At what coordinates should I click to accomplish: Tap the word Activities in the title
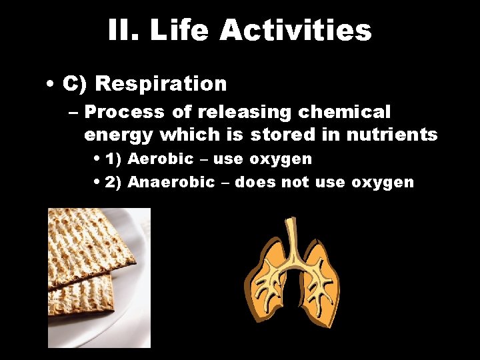click(x=295, y=30)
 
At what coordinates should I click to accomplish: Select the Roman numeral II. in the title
click(x=123, y=30)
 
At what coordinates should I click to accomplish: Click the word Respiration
click(x=161, y=84)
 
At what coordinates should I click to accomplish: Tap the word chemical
click(x=348, y=112)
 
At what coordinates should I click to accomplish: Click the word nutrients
click(x=392, y=135)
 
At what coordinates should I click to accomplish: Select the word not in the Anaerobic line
click(x=296, y=182)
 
